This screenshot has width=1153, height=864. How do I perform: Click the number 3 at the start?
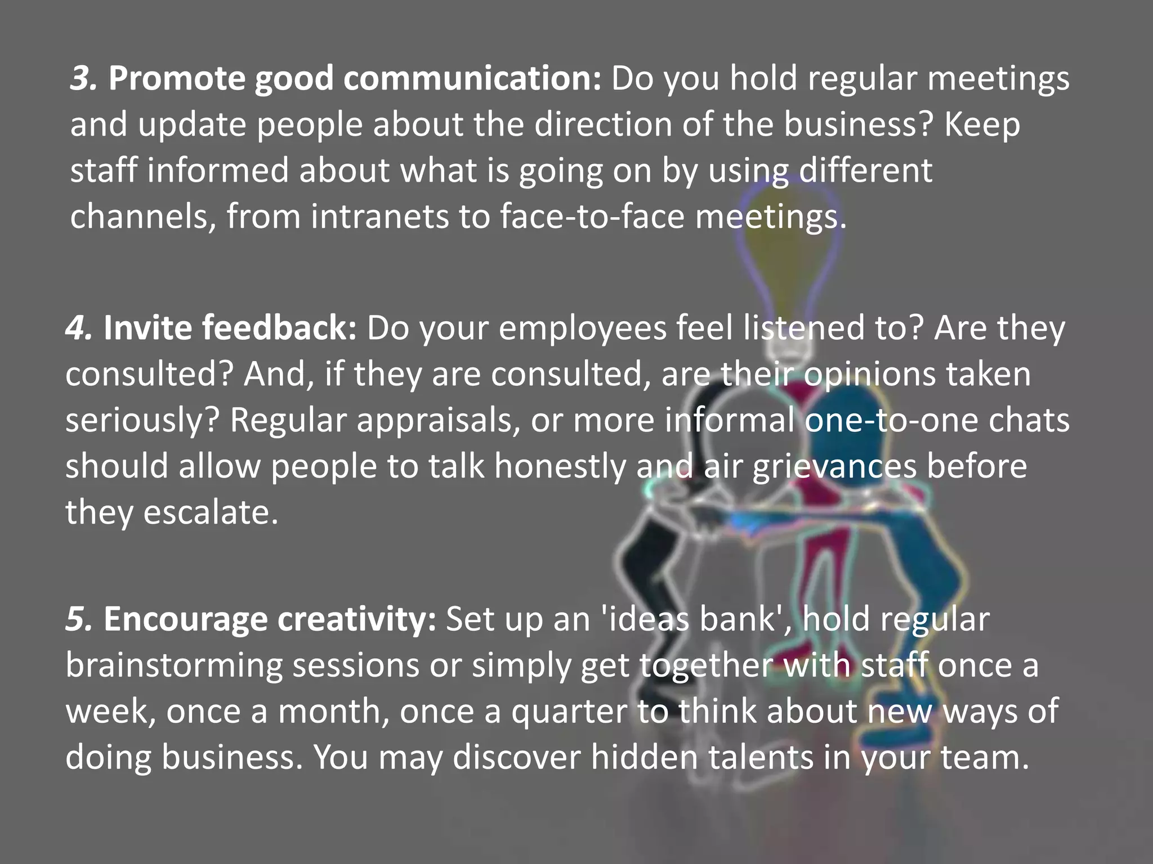(83, 78)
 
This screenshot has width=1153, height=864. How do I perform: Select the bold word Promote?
(176, 78)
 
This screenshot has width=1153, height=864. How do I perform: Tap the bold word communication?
(472, 78)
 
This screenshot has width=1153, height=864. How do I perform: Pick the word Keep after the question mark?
(982, 124)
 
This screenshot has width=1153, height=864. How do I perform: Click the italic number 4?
(78, 328)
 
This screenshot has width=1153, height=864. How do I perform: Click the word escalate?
(211, 512)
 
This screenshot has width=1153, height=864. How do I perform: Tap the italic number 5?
(78, 619)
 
